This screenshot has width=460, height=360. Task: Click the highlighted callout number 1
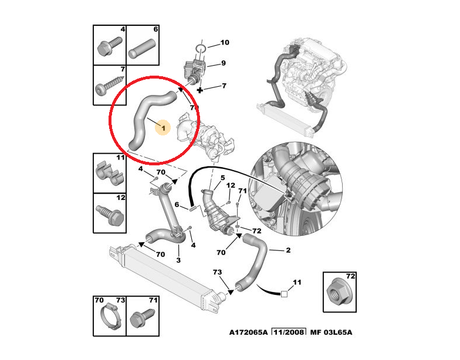[x=163, y=128]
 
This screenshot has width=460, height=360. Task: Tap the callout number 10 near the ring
[x=225, y=42]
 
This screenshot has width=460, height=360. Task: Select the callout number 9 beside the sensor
[x=224, y=63]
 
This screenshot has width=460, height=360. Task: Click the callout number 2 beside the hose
[x=288, y=250]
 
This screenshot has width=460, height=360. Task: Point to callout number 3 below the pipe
[x=178, y=260]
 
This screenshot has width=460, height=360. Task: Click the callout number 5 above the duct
[x=223, y=178]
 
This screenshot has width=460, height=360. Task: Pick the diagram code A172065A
[x=249, y=332]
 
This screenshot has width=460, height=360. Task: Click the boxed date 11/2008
[x=289, y=332]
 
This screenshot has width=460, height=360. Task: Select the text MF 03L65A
[x=331, y=332]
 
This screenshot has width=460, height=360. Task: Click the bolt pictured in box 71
[x=142, y=318]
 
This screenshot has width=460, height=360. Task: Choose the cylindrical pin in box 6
[x=142, y=49]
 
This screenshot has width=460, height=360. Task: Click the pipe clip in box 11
[x=109, y=174]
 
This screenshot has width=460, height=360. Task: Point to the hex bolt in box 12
[x=109, y=216]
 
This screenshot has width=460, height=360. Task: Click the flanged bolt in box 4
[x=109, y=47]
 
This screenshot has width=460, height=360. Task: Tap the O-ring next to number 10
[x=201, y=48]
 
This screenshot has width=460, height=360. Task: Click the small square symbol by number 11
[x=284, y=294]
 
